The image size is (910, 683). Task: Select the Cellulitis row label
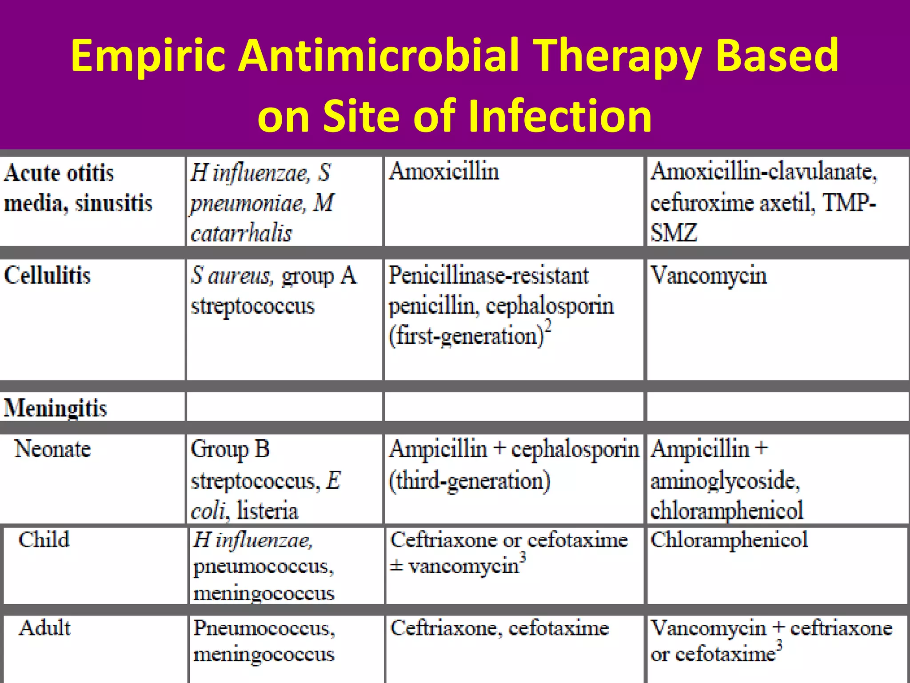(47, 275)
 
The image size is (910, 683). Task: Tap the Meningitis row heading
(56, 408)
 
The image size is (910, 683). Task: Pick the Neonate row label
(53, 449)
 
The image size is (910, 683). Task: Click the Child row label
(44, 539)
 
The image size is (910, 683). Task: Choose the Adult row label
(44, 628)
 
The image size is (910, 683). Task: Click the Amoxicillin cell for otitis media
(444, 172)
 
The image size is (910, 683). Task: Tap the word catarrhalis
(241, 233)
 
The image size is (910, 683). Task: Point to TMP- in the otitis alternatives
(849, 203)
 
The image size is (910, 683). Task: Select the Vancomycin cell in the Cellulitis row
(709, 276)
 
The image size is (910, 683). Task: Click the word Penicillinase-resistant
(488, 276)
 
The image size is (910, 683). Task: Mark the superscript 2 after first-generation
(548, 326)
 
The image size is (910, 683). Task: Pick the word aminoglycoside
(725, 481)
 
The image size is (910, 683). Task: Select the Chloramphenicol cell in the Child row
(729, 540)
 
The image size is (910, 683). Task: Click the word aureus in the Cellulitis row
(239, 276)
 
